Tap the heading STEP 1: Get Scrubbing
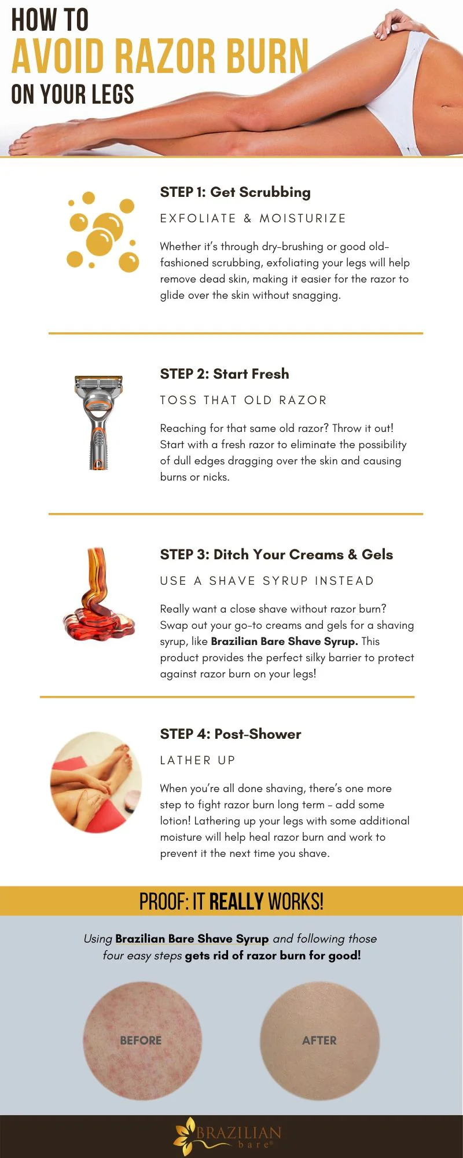tap(235, 192)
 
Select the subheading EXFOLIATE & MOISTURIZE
tap(253, 218)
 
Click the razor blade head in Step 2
tap(98, 384)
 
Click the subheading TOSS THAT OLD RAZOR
tap(244, 400)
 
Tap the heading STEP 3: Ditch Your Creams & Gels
tap(276, 555)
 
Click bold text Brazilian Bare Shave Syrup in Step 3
tap(284, 642)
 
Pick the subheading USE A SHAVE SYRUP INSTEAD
tap(267, 581)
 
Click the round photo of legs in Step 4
tap(96, 782)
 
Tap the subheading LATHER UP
tap(197, 760)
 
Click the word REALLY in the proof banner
tap(236, 902)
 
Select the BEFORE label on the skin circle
tap(141, 1040)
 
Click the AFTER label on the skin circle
tap(319, 1040)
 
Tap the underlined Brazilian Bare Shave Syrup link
tap(192, 939)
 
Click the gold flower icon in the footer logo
tap(186, 1135)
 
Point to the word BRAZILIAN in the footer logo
tap(239, 1132)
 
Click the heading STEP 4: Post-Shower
tap(230, 734)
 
